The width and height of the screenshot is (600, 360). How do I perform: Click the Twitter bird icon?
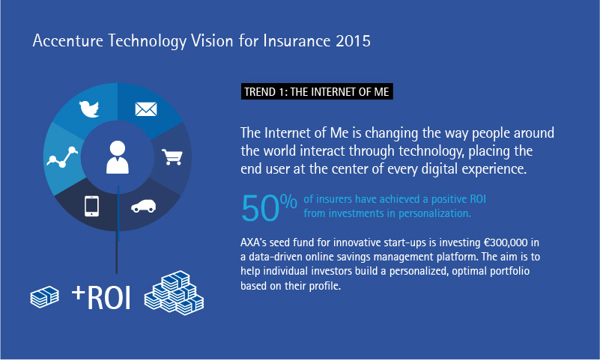pos(89,109)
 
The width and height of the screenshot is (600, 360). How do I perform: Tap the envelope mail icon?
pos(146,109)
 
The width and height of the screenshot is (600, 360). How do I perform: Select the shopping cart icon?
pos(172,156)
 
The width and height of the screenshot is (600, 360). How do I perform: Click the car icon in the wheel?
pos(144,206)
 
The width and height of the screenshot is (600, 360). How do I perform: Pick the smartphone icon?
pos(92,207)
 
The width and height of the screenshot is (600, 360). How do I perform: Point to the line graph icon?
pos(62,156)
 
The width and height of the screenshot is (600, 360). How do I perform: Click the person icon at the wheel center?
pos(117,157)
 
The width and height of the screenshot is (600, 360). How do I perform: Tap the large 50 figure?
pos(260,208)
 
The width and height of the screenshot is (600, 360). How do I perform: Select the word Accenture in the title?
pos(67,41)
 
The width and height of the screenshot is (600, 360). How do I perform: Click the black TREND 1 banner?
pos(317,92)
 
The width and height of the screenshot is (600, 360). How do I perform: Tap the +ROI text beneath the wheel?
pos(101,297)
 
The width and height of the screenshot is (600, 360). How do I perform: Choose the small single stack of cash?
pos(45,297)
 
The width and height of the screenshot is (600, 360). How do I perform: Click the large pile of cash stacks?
pos(174,293)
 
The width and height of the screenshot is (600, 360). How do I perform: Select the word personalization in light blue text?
pos(434,213)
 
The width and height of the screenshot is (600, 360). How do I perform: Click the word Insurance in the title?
pos(297,41)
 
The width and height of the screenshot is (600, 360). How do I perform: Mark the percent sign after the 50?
pos(288,201)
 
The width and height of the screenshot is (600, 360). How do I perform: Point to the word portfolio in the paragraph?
pos(509,272)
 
